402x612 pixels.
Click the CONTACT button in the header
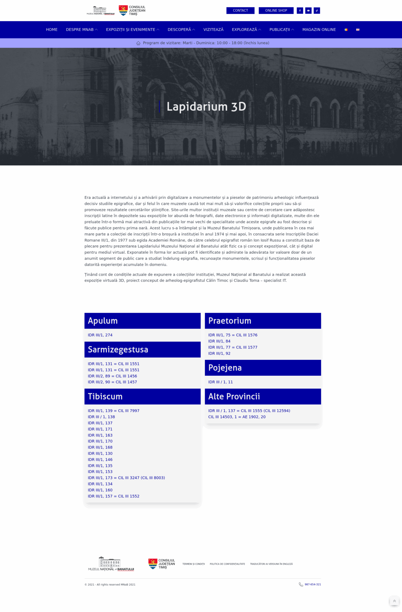[240, 11]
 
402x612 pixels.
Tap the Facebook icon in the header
[300, 11]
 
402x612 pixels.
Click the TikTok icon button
[317, 11]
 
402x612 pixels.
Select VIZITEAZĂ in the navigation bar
[213, 30]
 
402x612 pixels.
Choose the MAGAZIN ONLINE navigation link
[319, 30]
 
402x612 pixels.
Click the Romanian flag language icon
[346, 30]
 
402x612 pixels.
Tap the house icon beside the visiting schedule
[138, 43]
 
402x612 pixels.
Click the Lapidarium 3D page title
[206, 106]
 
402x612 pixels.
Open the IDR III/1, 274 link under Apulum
[100, 335]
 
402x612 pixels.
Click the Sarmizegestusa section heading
[118, 350]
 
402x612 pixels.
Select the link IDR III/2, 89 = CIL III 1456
[112, 376]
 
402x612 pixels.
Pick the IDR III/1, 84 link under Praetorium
[219, 341]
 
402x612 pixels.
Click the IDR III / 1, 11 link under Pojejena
[220, 382]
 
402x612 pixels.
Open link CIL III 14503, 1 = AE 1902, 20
[237, 417]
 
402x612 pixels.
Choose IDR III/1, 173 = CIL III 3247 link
[126, 478]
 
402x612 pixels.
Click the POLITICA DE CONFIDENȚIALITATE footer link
[227, 564]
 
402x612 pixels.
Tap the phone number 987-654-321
[313, 584]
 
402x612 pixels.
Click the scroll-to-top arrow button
[394, 601]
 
